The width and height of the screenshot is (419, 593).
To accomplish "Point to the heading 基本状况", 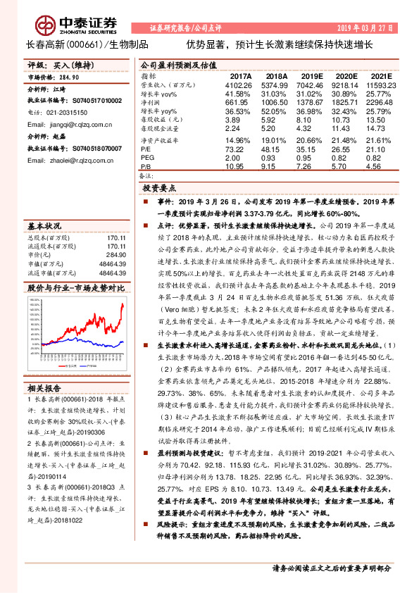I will (x=44, y=227).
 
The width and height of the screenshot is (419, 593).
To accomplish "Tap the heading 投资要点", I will (x=159, y=189).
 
